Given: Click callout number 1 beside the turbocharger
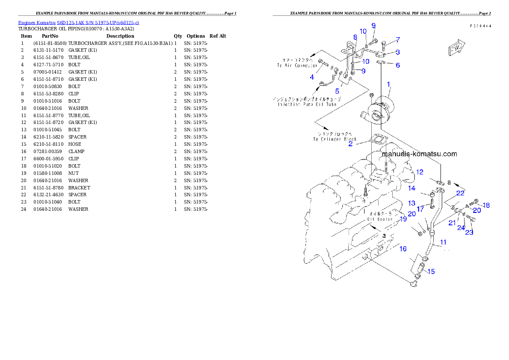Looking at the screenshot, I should coord(388,84).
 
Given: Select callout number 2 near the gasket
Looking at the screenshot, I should coord(350,144).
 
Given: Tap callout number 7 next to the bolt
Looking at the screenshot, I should coord(398,40).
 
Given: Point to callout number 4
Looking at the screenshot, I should coord(312,77).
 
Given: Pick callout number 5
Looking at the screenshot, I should coord(337,91).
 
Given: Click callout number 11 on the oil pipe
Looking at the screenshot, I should coord(444,242).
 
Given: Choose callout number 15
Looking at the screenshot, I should coord(431,271).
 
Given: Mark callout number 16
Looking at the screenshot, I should coord(403,249).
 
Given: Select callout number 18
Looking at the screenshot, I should coord(486,205).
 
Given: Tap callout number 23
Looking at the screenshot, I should coord(469,232).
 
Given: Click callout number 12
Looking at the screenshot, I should coord(420,172).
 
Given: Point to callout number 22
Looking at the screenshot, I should coord(460,193).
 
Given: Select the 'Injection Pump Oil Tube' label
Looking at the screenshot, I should coord(307,102).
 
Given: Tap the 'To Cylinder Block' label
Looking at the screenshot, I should coord(334,136).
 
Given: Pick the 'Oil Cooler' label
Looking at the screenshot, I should coord(379,216).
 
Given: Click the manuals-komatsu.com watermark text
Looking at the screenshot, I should coord(419,154).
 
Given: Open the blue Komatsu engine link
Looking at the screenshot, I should coord(78,23).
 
